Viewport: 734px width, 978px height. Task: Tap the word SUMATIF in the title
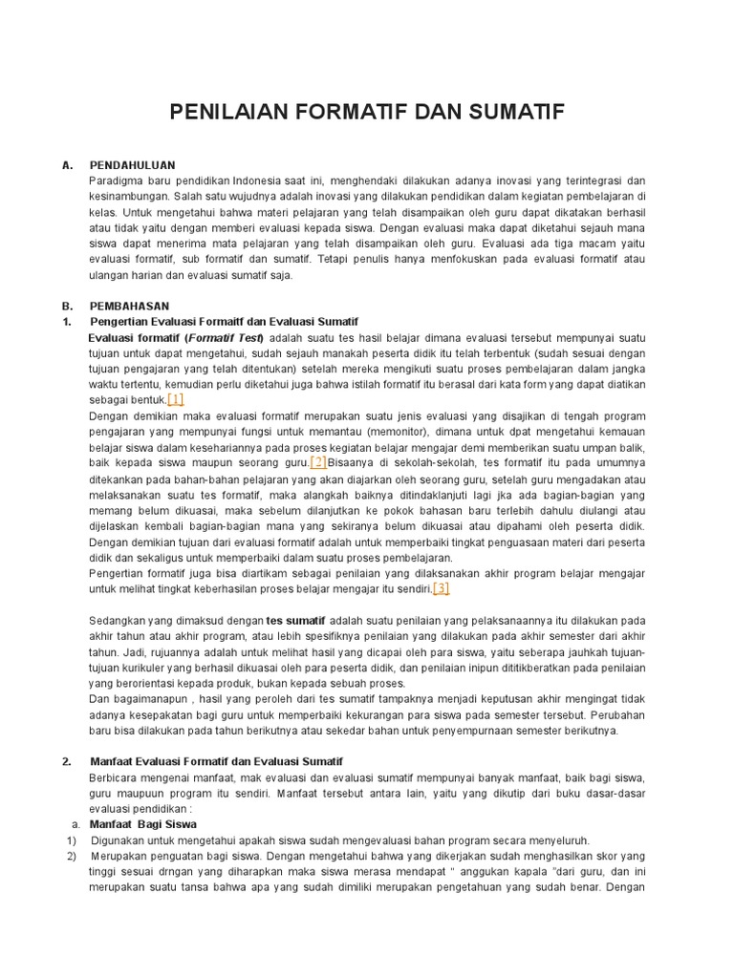[x=516, y=113]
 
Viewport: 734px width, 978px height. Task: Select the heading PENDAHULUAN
[x=132, y=165]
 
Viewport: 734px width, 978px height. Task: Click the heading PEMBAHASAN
[x=129, y=307]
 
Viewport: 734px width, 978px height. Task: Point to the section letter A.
[x=68, y=165]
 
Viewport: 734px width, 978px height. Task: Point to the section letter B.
[x=68, y=307]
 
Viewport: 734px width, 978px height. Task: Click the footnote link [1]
[x=176, y=399]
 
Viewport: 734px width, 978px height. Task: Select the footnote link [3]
[x=441, y=588]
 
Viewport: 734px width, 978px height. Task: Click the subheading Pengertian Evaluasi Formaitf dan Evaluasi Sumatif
[x=224, y=322]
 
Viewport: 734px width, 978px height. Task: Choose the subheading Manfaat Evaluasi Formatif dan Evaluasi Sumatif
[x=216, y=761]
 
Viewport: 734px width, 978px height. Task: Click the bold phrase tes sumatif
[x=295, y=620]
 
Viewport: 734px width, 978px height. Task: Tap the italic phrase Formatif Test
[x=227, y=338]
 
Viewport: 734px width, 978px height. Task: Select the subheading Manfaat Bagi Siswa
[x=142, y=823]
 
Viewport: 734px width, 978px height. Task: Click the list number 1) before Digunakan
[x=71, y=840]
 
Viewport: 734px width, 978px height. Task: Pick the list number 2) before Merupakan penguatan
[x=71, y=855]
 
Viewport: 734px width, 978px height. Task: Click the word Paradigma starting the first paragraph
[x=115, y=181]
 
